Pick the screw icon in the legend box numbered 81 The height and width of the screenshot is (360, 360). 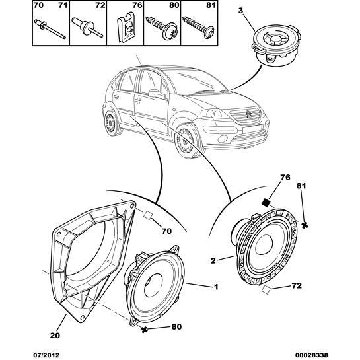(x=197, y=28)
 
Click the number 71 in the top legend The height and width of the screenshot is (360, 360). (x=63, y=6)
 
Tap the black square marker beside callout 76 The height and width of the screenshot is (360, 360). (x=266, y=203)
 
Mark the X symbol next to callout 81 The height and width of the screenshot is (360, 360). (x=305, y=225)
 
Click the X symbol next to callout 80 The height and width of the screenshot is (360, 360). (x=143, y=329)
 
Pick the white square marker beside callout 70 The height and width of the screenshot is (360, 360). (x=147, y=215)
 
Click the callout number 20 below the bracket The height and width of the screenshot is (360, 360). (x=55, y=334)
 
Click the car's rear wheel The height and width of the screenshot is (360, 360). (x=109, y=124)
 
